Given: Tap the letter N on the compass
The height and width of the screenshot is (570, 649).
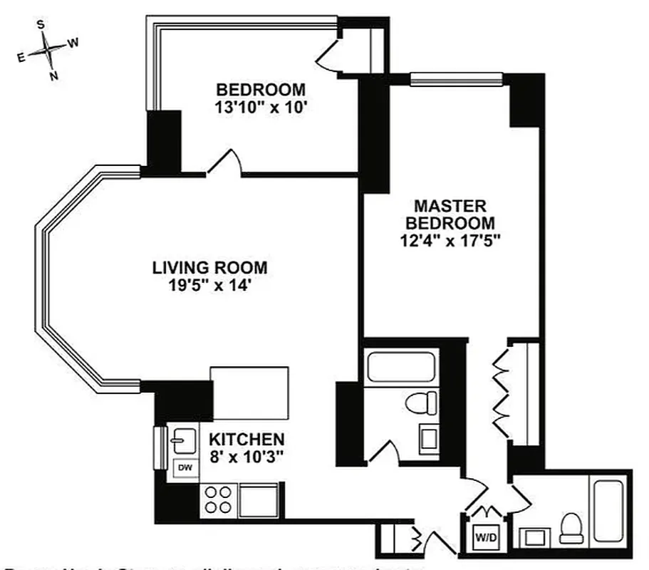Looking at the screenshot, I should [x=54, y=76].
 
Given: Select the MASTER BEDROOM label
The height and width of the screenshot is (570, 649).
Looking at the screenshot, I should [x=450, y=214].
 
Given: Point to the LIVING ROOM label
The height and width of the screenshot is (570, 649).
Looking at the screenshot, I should [x=210, y=268].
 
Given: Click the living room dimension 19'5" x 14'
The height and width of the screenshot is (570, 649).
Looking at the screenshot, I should [x=210, y=286].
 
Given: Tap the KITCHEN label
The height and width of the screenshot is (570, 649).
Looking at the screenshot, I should [x=246, y=439].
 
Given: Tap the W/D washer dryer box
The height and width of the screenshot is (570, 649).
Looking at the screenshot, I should [x=487, y=533].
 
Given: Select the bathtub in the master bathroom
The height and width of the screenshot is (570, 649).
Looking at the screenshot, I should [x=607, y=509].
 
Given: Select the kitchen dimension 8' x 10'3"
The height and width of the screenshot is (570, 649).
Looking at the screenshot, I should [x=246, y=457].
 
